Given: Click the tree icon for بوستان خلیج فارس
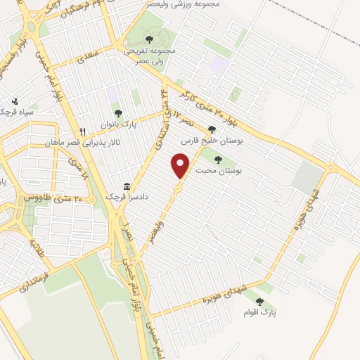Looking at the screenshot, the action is coord(212,129).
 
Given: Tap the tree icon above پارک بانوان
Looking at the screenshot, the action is coord(117,114).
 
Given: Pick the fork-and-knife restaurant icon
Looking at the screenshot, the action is coord(83,131).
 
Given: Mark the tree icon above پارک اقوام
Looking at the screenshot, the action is coord(259,302).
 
